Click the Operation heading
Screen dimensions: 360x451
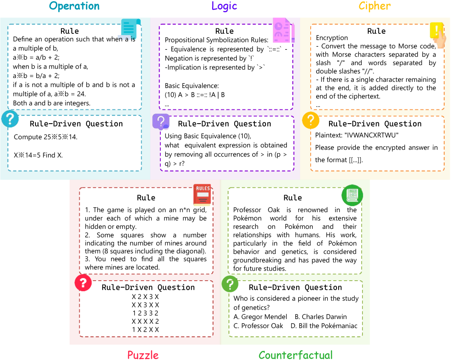74,6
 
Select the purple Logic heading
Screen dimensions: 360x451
224,6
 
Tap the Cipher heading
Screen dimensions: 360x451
375,6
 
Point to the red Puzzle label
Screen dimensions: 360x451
143,355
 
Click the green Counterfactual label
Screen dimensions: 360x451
296,355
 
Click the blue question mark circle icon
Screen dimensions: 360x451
10,119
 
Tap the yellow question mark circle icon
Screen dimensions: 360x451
311,120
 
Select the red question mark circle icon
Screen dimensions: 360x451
83,283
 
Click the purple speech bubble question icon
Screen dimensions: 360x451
161,121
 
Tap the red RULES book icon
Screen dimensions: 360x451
202,194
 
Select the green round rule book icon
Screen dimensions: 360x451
352,194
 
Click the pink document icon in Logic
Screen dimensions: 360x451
283,30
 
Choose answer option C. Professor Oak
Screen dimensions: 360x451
258,326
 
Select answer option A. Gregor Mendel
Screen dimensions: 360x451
260,317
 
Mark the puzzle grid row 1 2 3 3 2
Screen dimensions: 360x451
145,313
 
